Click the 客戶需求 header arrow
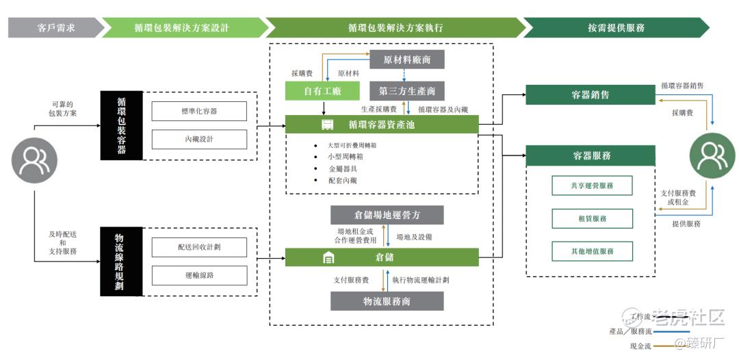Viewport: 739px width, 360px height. click(x=55, y=28)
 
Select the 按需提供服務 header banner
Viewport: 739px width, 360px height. click(x=615, y=28)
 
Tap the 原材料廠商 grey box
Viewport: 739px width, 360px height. click(x=406, y=60)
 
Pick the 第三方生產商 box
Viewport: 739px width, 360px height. click(x=406, y=91)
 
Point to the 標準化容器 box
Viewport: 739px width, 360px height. click(x=198, y=110)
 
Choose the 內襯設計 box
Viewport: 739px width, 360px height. click(x=198, y=139)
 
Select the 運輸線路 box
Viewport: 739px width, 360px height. click(x=198, y=276)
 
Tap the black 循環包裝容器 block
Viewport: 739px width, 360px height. click(x=121, y=125)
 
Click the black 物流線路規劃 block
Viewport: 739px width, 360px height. click(x=121, y=261)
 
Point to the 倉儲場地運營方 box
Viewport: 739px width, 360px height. click(x=387, y=215)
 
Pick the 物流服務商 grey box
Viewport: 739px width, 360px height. click(x=387, y=301)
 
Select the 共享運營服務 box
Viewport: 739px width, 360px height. click(x=592, y=185)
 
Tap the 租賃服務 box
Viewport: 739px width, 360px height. click(x=592, y=218)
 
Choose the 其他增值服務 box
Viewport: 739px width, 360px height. click(x=592, y=251)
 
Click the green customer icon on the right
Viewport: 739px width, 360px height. click(x=712, y=156)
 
